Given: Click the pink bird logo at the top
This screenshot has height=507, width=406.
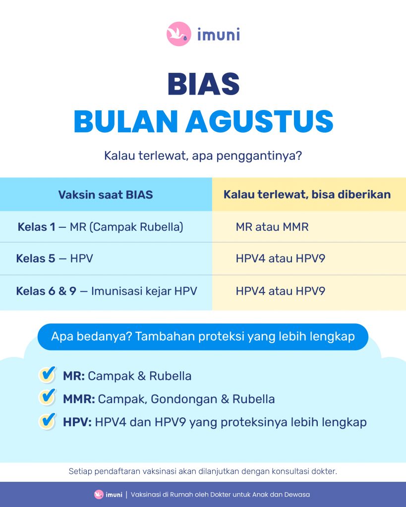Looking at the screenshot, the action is [x=179, y=34].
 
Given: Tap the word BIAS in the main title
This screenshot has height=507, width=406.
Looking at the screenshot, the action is [x=203, y=84].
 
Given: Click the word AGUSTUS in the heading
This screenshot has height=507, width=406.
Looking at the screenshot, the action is [x=259, y=121].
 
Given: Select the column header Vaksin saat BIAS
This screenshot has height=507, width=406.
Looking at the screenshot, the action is [x=106, y=195].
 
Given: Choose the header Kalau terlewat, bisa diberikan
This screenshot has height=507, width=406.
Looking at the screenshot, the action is [x=307, y=195].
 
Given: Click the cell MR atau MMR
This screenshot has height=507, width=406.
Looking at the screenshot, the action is [x=272, y=227].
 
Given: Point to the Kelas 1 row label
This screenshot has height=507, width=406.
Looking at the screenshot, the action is [x=36, y=227].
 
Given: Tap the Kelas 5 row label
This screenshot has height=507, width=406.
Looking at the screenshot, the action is [x=36, y=258].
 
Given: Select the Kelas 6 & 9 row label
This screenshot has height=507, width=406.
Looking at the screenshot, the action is [x=46, y=291].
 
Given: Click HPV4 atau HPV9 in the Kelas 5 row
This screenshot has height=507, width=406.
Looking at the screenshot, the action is [x=281, y=258].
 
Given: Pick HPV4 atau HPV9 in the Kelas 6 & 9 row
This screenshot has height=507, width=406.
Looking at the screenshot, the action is [x=281, y=291].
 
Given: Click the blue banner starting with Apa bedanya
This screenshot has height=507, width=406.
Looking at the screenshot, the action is [x=203, y=337].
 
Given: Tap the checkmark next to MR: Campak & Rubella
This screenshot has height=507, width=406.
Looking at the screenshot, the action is [x=48, y=375].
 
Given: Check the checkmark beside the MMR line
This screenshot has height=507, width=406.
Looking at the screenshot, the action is [x=48, y=398].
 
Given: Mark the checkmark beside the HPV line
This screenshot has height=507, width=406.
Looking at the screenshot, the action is [x=48, y=421].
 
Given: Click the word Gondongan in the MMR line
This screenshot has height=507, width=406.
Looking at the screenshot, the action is [x=184, y=400].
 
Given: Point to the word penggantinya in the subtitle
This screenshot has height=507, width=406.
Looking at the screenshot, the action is [x=259, y=156].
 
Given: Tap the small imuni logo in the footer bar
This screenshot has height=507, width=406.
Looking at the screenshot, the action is [x=108, y=495].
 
